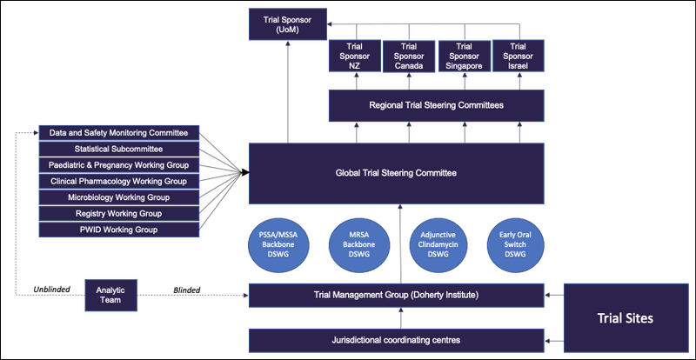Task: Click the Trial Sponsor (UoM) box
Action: pyautogui.click(x=286, y=23)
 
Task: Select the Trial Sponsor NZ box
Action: pyautogui.click(x=354, y=57)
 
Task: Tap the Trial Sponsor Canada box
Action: pyautogui.click(x=409, y=57)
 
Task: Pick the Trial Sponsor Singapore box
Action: pyautogui.click(x=463, y=57)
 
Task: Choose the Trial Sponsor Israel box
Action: pyautogui.click(x=518, y=57)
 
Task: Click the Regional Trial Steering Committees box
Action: pyautogui.click(x=436, y=105)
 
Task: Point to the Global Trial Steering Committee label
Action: pyautogui.click(x=396, y=173)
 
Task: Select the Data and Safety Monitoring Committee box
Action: pyautogui.click(x=120, y=133)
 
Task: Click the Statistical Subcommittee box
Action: pyautogui.click(x=120, y=149)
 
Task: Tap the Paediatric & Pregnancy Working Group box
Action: pyautogui.click(x=120, y=165)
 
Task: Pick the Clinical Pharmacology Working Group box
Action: pyautogui.click(x=120, y=181)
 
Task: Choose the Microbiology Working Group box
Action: pyautogui.click(x=120, y=197)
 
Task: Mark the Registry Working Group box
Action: pyautogui.click(x=120, y=213)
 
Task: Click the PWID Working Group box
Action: pyautogui.click(x=120, y=230)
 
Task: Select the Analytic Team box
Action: pyautogui.click(x=110, y=296)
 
